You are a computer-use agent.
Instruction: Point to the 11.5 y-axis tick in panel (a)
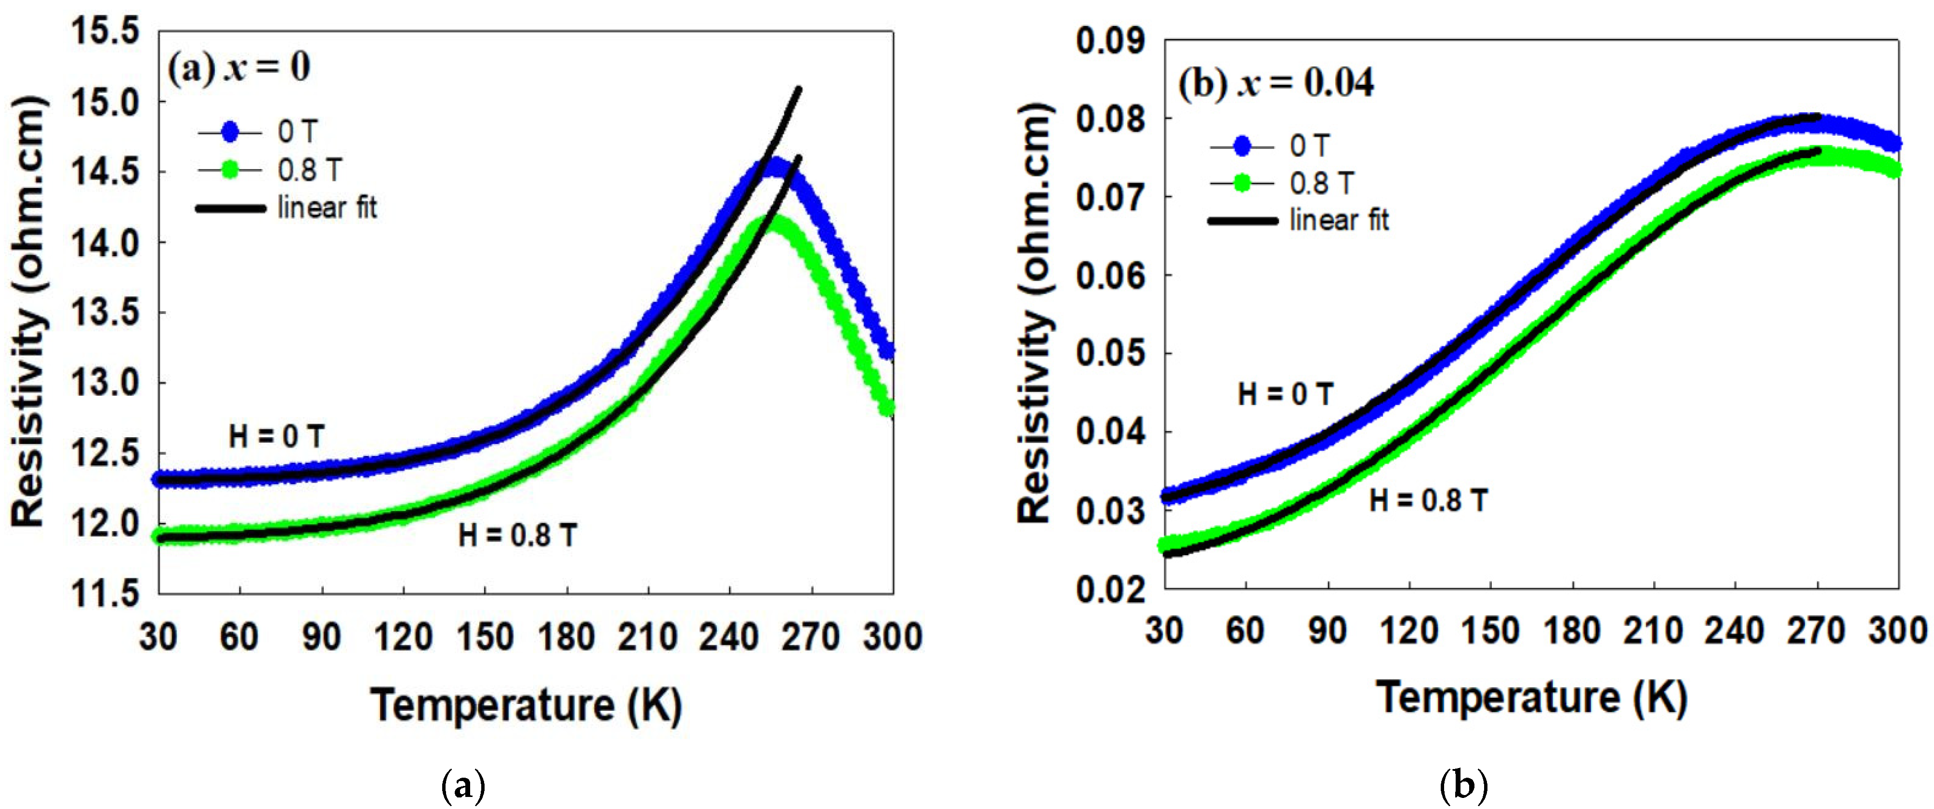[x=105, y=594]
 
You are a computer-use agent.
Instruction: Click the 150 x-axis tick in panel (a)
[x=485, y=637]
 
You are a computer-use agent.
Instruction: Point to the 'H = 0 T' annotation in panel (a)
[x=276, y=436]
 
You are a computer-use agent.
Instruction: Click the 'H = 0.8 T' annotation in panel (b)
[x=1428, y=500]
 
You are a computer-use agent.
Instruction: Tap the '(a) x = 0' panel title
[x=239, y=67]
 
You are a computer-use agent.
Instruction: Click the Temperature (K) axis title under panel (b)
[x=1532, y=698]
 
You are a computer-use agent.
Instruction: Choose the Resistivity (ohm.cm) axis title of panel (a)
[x=28, y=312]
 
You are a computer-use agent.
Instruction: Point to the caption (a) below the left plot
[x=464, y=786]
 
